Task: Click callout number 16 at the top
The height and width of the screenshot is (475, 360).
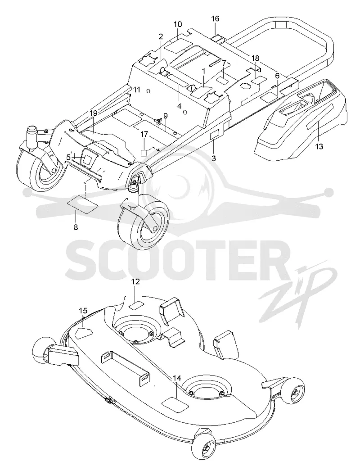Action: pyautogui.click(x=215, y=19)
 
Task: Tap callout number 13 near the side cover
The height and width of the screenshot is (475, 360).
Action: pyautogui.click(x=319, y=147)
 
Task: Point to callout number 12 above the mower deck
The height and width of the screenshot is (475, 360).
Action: pyautogui.click(x=135, y=282)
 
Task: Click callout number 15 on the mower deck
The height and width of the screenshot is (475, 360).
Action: pyautogui.click(x=83, y=311)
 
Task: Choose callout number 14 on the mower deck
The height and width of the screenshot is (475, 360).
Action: pyautogui.click(x=177, y=378)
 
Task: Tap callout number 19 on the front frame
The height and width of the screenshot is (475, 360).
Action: pyautogui.click(x=94, y=113)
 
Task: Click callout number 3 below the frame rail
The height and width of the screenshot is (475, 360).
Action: pyautogui.click(x=214, y=158)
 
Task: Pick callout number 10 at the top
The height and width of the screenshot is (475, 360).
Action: pyautogui.click(x=178, y=24)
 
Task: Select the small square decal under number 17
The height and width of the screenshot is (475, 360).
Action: pyautogui.click(x=144, y=152)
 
